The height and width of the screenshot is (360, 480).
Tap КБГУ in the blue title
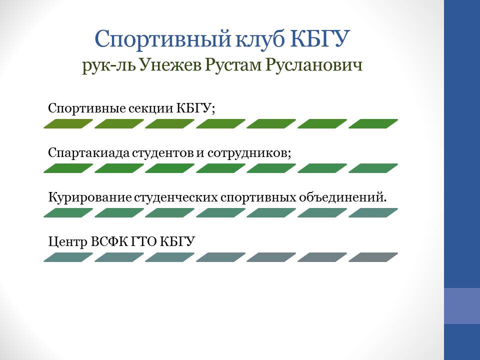[319, 39]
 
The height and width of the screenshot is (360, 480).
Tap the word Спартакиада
[89, 153]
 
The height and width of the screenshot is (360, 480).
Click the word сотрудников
[249, 153]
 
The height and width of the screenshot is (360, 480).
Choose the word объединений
[343, 197]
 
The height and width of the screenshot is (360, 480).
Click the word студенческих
[176, 198]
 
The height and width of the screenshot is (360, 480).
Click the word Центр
[68, 242]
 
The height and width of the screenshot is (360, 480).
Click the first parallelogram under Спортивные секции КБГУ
[68, 123]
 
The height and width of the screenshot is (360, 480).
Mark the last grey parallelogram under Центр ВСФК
[373, 257]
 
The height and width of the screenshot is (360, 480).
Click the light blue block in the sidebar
[462, 306]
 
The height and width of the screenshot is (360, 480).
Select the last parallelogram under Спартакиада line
[373, 168]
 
